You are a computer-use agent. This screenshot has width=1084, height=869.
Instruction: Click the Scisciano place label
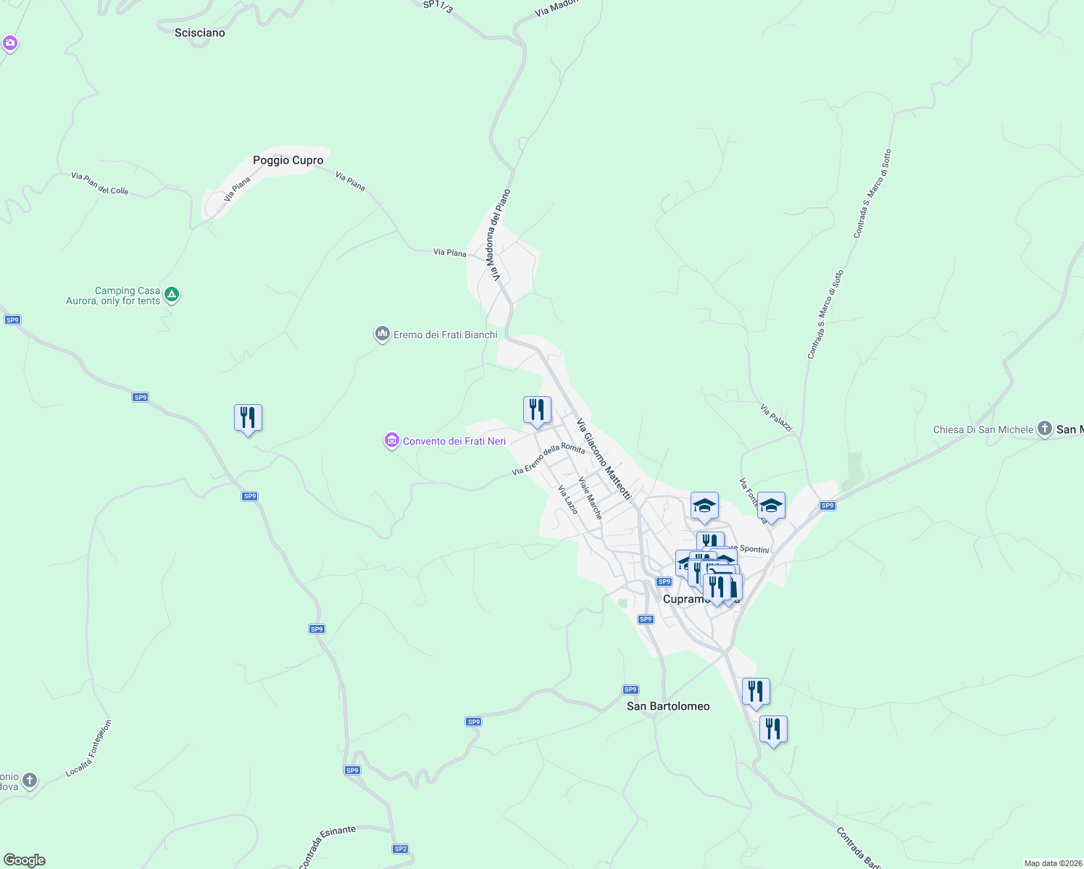(x=200, y=33)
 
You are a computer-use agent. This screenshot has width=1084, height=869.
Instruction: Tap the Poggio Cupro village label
(x=288, y=160)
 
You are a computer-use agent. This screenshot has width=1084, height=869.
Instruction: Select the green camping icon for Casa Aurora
(x=172, y=294)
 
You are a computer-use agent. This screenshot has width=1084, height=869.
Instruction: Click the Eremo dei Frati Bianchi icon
(x=382, y=334)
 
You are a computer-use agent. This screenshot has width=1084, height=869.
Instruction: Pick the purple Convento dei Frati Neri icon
(x=392, y=440)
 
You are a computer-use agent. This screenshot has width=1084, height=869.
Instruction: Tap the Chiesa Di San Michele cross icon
(x=1044, y=429)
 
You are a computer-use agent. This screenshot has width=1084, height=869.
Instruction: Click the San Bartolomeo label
(x=668, y=706)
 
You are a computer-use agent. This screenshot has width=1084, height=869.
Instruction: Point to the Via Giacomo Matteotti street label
(x=604, y=460)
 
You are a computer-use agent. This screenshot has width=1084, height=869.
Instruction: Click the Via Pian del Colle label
(x=100, y=184)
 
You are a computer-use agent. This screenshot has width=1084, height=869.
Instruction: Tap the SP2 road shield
(x=401, y=849)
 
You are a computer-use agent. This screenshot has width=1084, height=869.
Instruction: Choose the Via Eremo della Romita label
(x=548, y=460)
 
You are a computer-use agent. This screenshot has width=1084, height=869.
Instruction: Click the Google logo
(x=25, y=860)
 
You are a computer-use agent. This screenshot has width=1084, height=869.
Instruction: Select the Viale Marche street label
(x=590, y=498)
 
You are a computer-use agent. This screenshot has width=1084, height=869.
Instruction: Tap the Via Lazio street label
(x=568, y=500)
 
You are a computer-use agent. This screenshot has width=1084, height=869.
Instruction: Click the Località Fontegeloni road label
(x=89, y=748)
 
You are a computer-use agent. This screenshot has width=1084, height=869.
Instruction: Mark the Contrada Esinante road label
(x=327, y=845)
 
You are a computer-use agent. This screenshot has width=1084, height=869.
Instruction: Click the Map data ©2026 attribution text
(x=1052, y=863)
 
